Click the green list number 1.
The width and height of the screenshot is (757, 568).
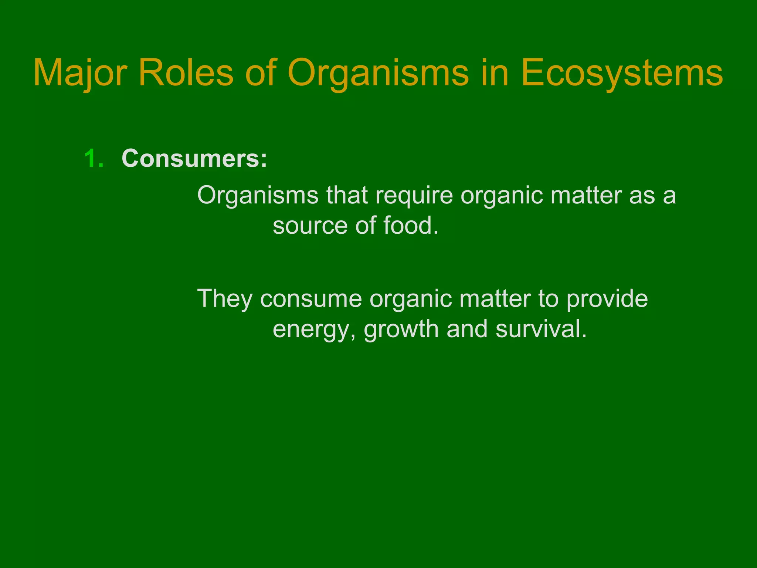pos(94,159)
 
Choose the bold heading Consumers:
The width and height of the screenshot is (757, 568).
pos(194,159)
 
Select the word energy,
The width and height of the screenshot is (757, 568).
pos(315,329)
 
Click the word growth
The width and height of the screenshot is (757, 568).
pos(401,329)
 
